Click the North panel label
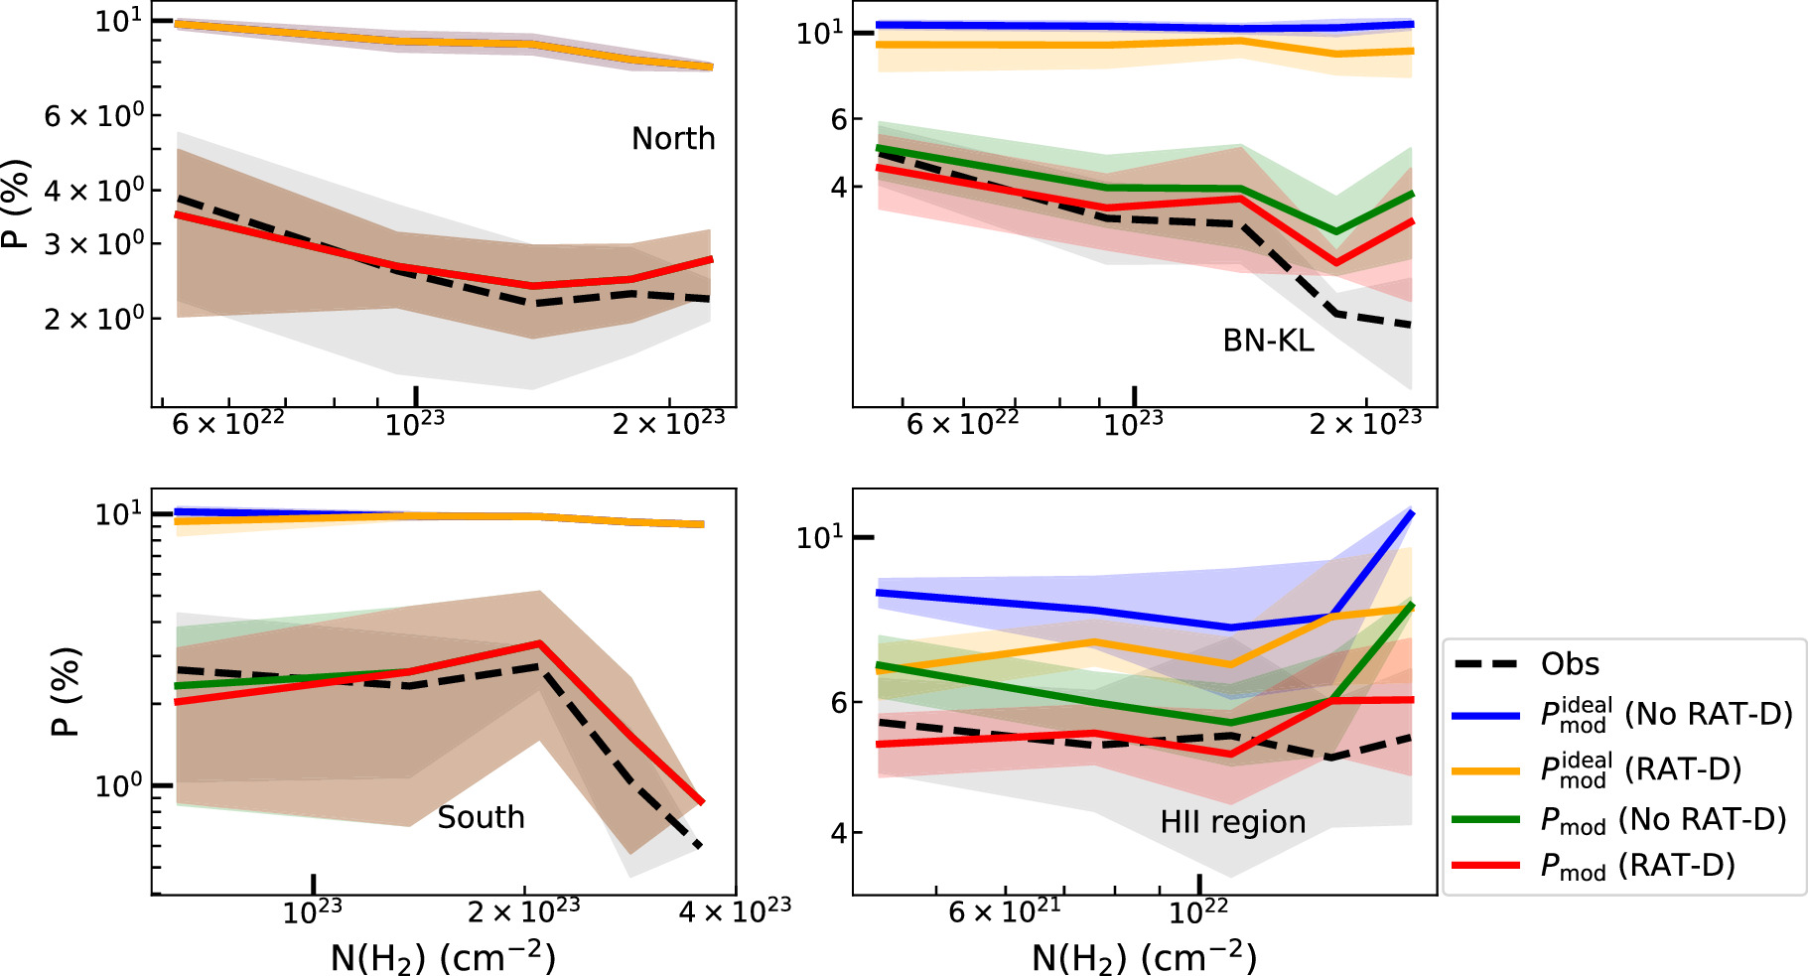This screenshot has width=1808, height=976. (x=673, y=138)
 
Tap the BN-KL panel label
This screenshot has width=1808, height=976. (x=1268, y=341)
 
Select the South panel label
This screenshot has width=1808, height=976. (x=481, y=817)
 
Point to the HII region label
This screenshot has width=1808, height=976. (x=1232, y=822)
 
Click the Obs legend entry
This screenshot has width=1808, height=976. (x=1570, y=664)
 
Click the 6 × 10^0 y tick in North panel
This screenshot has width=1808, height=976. (x=94, y=116)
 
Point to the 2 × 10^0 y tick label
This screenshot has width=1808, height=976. (x=94, y=319)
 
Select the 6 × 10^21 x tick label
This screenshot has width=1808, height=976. (x=1004, y=910)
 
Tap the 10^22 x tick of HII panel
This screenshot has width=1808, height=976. (x=1198, y=910)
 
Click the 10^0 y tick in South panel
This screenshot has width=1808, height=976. (x=118, y=785)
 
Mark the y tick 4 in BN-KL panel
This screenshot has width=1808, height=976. (x=839, y=187)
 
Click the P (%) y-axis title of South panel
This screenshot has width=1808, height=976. (x=66, y=692)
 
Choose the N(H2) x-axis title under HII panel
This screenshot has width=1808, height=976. (x=1144, y=957)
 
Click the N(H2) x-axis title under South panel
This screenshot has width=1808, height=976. (x=443, y=957)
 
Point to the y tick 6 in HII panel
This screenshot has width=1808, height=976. (x=839, y=702)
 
